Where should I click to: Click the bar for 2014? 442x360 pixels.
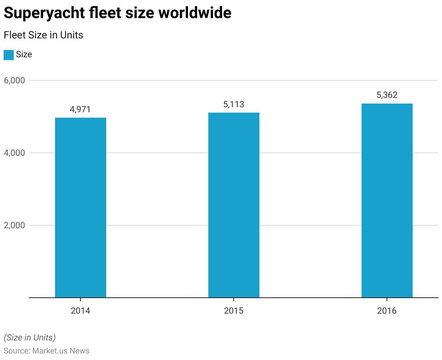[80, 208]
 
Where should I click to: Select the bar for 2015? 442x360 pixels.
[234, 205]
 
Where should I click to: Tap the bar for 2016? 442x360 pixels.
[387, 201]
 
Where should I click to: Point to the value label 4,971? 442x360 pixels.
[80, 109]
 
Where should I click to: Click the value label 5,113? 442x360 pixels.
[234, 104]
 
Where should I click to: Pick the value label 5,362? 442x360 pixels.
[387, 95]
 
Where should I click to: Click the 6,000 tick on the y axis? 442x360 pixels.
[14, 80]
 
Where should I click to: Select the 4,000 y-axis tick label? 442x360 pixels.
[14, 153]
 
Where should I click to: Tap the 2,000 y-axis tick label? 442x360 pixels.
[14, 225]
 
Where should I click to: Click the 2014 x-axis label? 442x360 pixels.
[80, 311]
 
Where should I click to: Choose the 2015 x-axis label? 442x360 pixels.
[234, 311]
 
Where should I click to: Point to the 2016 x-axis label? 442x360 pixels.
[387, 311]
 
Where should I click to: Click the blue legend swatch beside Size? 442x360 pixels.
[9, 55]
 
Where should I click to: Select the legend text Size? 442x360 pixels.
[24, 55]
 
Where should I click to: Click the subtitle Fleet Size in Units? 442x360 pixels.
[43, 35]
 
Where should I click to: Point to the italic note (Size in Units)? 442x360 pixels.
[30, 338]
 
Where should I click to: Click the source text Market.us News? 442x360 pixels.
[61, 351]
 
